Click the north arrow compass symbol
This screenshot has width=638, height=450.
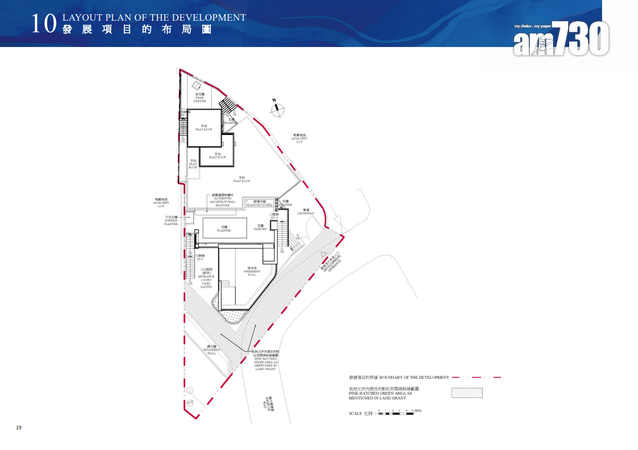(278, 109)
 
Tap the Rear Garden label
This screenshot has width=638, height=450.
(200, 98)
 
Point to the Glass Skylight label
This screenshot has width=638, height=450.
(260, 203)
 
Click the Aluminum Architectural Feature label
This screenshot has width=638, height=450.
(222, 200)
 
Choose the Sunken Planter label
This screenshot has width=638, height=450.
(171, 220)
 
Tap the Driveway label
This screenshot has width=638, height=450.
(306, 211)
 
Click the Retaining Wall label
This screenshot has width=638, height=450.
(212, 350)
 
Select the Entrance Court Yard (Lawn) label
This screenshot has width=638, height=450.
(206, 278)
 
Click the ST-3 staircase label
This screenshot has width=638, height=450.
(200, 257)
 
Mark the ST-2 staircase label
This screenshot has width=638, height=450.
(274, 216)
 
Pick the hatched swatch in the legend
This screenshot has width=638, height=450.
(467, 393)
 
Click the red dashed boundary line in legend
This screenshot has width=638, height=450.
(476, 377)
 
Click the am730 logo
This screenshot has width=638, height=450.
(561, 38)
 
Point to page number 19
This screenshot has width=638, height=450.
(19, 428)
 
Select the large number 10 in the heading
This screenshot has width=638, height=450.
(42, 24)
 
